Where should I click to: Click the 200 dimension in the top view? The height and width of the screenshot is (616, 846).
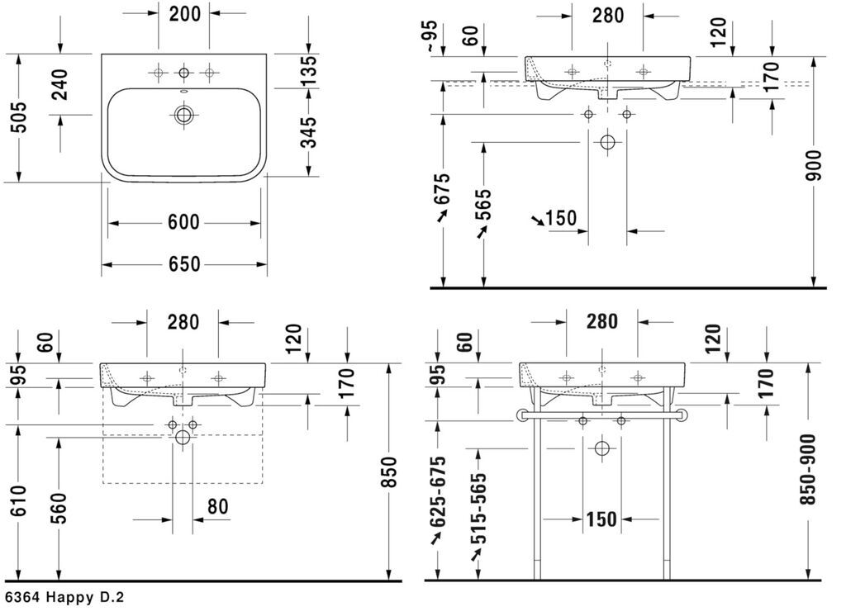(184, 13)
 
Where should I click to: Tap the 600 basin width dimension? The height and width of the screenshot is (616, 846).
(183, 221)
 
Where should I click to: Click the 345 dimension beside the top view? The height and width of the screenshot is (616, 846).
(309, 132)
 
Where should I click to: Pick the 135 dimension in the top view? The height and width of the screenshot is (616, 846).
(309, 70)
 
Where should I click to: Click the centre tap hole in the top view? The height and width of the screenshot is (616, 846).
(184, 73)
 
